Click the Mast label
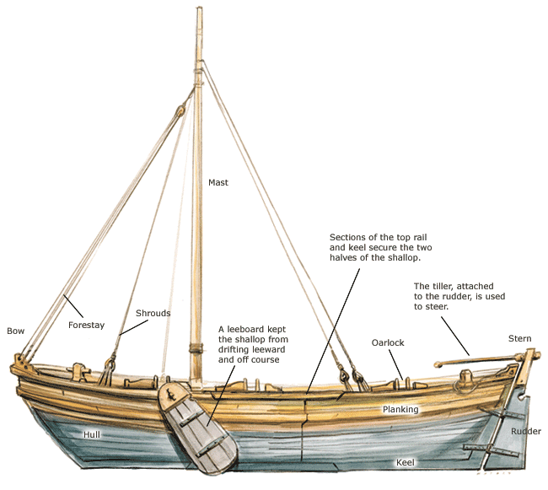pyautogui.click(x=218, y=182)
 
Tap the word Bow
pyautogui.click(x=15, y=331)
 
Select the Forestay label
pyautogui.click(x=86, y=325)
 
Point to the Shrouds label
pyautogui.click(x=153, y=313)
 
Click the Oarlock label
pyautogui.click(x=389, y=342)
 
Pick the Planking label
pyautogui.click(x=400, y=410)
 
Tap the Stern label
pyautogui.click(x=519, y=338)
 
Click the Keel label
pyautogui.click(x=406, y=462)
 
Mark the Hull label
pyautogui.click(x=92, y=434)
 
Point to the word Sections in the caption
pyautogui.click(x=348, y=237)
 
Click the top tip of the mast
pyautogui.click(x=199, y=10)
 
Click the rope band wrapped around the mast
pyautogui.click(x=199, y=347)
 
